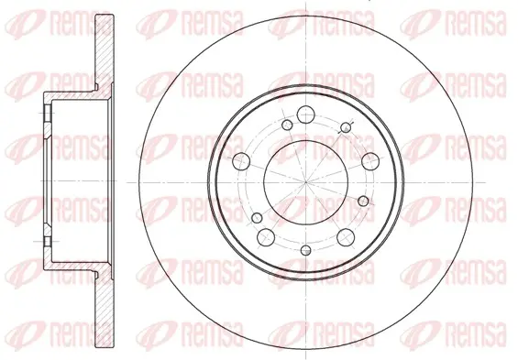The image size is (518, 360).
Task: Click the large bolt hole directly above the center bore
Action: coord(305,115)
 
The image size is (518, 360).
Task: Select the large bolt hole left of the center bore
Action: coord(241,161)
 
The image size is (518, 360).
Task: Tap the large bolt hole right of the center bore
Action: coord(370,161)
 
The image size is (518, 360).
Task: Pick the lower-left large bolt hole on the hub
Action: coord(266,236)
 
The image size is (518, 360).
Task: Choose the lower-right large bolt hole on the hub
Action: coord(346,236)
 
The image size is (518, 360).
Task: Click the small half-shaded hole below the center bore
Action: coord(306,250)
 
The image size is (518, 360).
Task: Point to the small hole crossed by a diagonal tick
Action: coord(346,127)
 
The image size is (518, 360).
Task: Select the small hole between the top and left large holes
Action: coord(287,125)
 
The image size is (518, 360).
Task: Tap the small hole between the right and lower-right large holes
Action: coord(363,201)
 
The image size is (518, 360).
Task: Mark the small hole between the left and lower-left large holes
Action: coord(257,218)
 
